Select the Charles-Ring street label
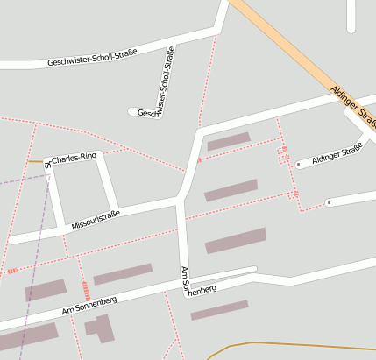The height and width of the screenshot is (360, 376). tap(74, 158)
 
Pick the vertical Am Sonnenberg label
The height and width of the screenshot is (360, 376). tap(185, 281)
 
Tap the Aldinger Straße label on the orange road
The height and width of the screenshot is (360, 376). tap(353, 106)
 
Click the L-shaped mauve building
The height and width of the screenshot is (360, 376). tap(100, 328)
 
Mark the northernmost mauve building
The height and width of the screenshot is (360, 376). tap(228, 140)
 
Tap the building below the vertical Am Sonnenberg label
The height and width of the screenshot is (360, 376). tap(219, 309)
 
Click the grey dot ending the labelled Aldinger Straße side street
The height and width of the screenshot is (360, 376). tap(298, 164)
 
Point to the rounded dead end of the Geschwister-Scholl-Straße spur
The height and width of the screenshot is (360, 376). tap(133, 111)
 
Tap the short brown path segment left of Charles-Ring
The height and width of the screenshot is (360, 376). tap(35, 161)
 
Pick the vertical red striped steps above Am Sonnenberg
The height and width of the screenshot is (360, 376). tap(85, 289)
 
